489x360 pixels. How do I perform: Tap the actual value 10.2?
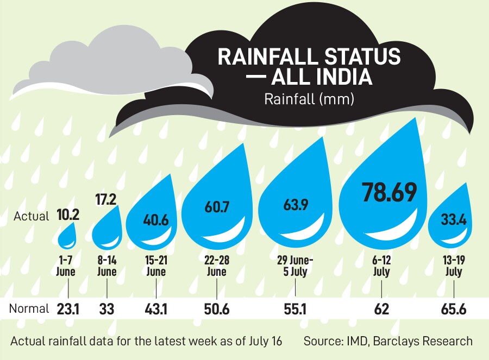[x=68, y=215]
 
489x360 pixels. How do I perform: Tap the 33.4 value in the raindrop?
[x=450, y=220]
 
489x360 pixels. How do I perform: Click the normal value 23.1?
[x=68, y=309]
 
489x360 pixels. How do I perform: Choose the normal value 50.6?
[x=216, y=309]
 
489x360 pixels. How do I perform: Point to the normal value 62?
[x=381, y=309]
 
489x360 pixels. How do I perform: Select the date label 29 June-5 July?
[x=294, y=266]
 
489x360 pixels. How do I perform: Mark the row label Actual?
[x=32, y=216]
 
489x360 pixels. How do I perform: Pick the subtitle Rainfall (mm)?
[x=309, y=100]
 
